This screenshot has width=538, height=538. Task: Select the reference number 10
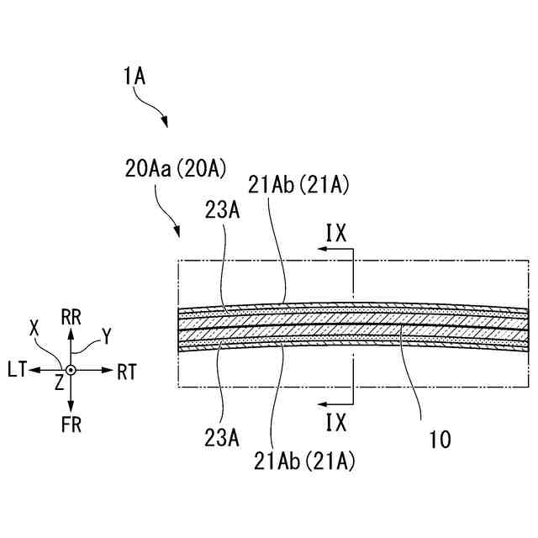440,439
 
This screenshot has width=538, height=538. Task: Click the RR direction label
71,317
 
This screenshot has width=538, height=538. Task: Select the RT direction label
127,371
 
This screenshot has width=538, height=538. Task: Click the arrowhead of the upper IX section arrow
320,250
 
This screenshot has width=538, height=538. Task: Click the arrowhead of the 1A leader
166,125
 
